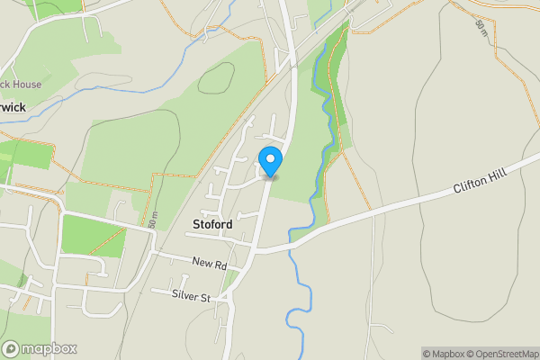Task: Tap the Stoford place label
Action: (212, 224)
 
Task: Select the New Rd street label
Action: (208, 263)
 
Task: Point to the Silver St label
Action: (192, 296)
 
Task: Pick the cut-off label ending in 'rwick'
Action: (13, 106)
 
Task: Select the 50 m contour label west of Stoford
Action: (154, 219)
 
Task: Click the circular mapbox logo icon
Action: (12, 348)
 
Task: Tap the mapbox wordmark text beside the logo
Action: (49, 348)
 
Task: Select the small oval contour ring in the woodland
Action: (216, 78)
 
